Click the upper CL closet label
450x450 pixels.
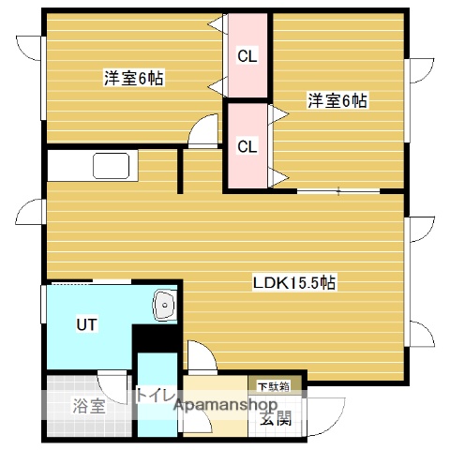[247, 57]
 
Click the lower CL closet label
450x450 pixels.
[247, 146]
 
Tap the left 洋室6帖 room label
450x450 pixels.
[133, 79]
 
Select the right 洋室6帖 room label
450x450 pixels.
[337, 100]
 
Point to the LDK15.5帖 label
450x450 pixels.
[294, 281]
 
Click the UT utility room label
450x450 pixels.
[87, 324]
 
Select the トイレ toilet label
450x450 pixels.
[156, 395]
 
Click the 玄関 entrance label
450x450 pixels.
[275, 418]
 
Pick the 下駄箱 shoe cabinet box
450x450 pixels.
[274, 384]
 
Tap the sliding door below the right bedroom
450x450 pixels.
[338, 190]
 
